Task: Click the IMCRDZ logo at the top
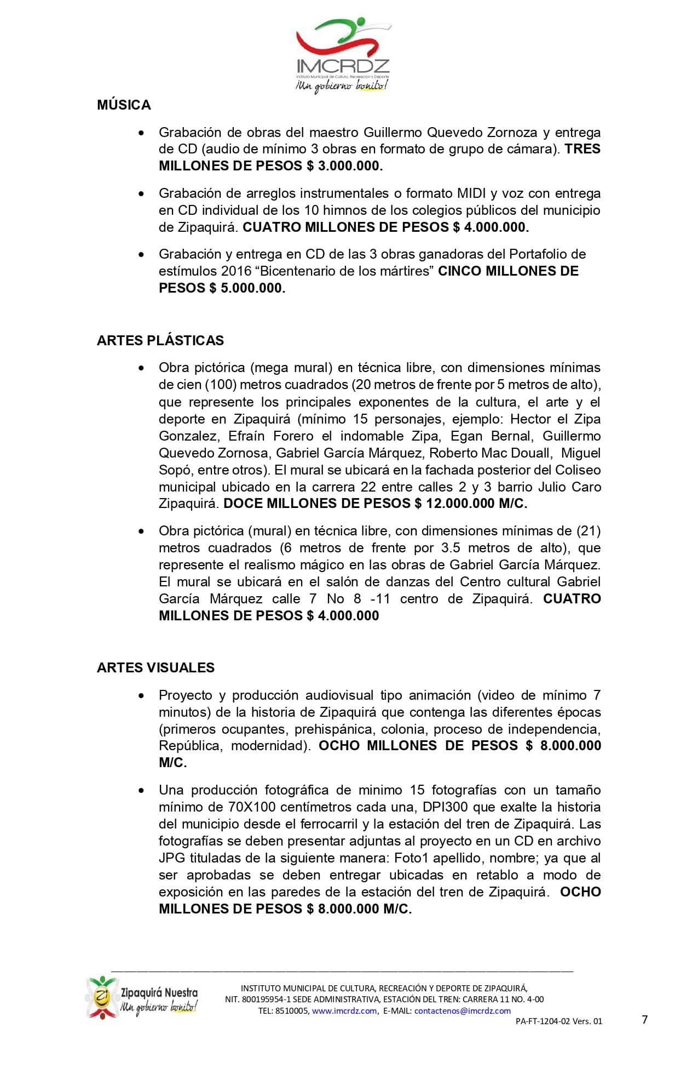pos(343,55)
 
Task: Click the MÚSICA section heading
pos(124,105)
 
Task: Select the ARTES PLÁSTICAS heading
pos(160,340)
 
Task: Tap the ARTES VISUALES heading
pos(155,667)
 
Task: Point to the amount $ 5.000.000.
pos(247,288)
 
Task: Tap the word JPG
pos(171,858)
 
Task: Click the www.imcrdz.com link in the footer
pos(344,1011)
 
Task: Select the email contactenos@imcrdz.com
pos(463,1011)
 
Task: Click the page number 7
pos(645,1020)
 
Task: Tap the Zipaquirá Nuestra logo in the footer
pos(142,997)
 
